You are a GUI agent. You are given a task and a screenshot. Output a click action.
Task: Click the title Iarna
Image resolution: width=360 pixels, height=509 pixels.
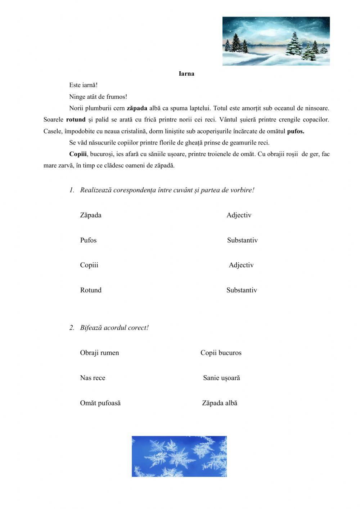(186, 74)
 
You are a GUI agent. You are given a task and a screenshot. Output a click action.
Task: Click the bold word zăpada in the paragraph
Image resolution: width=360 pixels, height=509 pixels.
(137, 108)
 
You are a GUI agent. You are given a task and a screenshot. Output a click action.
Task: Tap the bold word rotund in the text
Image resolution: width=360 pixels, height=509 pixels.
(76, 120)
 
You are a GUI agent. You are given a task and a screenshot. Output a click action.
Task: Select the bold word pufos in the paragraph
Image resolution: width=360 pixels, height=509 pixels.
(295, 131)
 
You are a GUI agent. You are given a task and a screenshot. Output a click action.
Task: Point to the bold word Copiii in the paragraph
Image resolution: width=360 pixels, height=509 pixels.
(78, 154)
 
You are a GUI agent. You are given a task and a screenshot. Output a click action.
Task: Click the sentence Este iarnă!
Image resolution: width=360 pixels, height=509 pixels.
(83, 85)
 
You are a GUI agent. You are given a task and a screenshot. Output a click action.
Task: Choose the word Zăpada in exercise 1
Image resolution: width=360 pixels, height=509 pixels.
(91, 215)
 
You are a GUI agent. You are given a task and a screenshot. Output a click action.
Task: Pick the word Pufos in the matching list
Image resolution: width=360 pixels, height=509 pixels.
(88, 240)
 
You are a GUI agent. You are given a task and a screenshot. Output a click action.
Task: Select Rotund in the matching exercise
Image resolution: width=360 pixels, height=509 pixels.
(91, 290)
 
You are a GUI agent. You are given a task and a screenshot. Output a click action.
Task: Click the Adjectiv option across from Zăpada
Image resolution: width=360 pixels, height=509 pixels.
(239, 215)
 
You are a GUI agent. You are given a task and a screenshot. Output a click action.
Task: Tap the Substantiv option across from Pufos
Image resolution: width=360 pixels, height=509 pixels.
(242, 240)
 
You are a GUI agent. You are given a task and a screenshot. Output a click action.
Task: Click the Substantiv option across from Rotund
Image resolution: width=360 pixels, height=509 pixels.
(242, 290)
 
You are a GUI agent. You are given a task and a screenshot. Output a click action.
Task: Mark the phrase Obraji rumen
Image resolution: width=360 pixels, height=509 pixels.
(99, 353)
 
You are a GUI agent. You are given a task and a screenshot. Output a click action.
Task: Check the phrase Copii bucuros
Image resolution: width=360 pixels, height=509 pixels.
(221, 353)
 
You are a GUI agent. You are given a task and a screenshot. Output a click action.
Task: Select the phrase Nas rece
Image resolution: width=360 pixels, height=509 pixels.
(93, 378)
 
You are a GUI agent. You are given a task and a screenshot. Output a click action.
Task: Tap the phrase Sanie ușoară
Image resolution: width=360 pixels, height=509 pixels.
(221, 378)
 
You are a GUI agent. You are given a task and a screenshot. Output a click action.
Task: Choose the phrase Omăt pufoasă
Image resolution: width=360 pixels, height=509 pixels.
(100, 403)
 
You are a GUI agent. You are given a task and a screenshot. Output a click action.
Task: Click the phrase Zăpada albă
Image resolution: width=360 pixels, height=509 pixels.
(220, 403)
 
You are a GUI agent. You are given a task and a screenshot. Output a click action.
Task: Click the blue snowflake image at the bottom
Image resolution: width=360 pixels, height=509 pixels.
(179, 456)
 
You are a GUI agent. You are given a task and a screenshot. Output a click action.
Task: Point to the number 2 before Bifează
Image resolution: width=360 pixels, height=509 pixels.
(72, 328)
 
